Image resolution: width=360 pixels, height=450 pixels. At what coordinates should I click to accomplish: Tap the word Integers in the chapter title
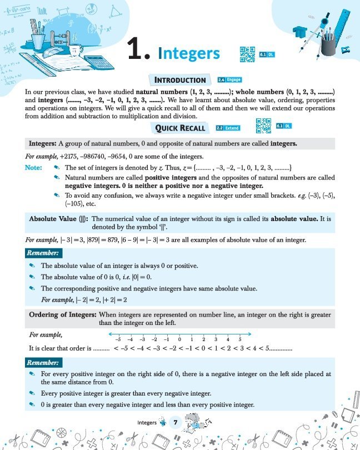189,53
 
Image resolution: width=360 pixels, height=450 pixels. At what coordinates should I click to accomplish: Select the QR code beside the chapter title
247,53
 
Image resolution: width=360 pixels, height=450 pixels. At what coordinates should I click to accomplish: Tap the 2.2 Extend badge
228,128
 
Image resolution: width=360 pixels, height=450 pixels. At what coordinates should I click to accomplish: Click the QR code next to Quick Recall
263,127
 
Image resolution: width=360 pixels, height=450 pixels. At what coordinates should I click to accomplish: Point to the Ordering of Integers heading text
63,315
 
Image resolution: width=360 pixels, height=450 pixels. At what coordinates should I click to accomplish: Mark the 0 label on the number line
180,339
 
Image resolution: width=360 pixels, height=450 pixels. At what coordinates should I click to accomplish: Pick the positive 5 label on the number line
240,339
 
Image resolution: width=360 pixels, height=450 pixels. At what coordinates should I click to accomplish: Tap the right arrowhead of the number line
252,333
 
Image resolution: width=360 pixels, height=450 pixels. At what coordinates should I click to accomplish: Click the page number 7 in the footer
176,423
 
